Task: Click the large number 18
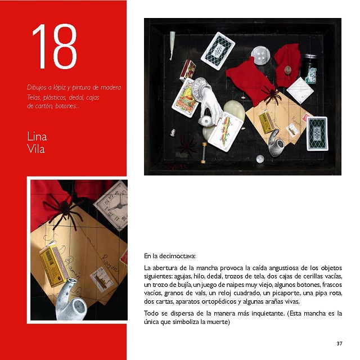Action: click(x=55, y=46)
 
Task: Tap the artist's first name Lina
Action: click(x=37, y=137)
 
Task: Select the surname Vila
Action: click(x=36, y=148)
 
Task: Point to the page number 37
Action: click(x=339, y=344)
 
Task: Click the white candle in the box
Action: click(x=172, y=46)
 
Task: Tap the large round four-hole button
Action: click(x=260, y=56)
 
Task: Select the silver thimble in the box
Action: click(x=173, y=133)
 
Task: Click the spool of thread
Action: click(x=204, y=153)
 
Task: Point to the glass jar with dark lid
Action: click(x=310, y=68)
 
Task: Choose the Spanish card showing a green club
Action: click(x=226, y=132)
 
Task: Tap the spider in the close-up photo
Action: click(x=64, y=210)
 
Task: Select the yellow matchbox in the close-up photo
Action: click(x=55, y=265)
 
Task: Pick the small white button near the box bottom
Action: click(x=260, y=159)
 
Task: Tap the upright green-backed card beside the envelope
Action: click(x=317, y=134)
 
